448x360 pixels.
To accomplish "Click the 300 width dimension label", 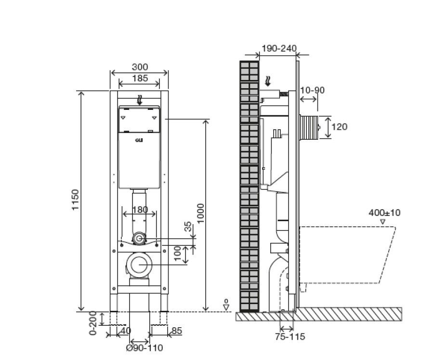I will [140, 67].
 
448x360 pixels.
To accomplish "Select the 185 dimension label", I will [140, 78].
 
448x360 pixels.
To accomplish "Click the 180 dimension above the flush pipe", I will [140, 210].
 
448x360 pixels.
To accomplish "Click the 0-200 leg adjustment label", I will [94, 323].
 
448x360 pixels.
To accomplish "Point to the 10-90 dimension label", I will [313, 90].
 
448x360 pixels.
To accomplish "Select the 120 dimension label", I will [340, 127].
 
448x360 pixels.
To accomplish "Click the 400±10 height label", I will [384, 213].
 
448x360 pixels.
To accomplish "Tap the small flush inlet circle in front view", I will [140, 238].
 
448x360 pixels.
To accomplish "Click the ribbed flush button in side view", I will [309, 127].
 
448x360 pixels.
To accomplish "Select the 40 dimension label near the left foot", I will [126, 331].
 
